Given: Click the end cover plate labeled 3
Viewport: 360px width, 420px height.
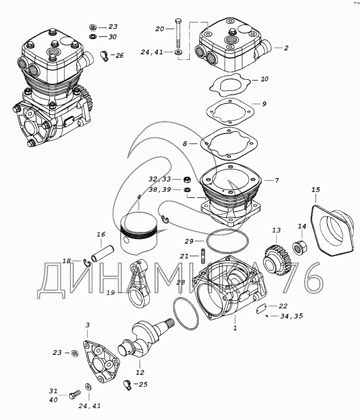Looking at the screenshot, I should (100, 359).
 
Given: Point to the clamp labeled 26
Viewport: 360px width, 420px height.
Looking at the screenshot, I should (104, 55).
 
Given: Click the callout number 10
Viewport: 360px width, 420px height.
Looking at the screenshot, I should (264, 79).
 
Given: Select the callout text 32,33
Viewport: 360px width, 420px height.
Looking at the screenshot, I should (160, 179).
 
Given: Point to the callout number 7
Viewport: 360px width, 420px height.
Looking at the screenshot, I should (277, 181).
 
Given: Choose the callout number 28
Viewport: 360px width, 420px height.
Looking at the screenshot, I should (180, 283).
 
